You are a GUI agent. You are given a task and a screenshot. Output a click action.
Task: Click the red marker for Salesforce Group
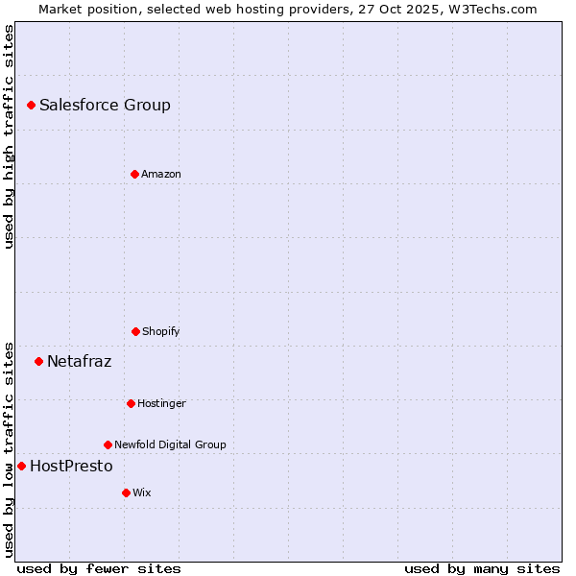[31, 105]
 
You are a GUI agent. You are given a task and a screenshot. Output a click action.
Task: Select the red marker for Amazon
[134, 174]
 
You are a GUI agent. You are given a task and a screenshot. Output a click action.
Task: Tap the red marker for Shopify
[135, 331]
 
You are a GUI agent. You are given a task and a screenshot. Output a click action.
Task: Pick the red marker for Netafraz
[38, 361]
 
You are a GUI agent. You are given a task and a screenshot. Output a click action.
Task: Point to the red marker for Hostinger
[131, 403]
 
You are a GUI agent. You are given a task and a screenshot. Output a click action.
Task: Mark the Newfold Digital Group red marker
[108, 444]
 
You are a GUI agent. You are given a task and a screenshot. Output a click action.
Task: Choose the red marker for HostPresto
[21, 466]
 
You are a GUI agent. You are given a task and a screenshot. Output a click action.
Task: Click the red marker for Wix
[126, 492]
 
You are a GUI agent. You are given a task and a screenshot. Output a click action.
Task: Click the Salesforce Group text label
[105, 106]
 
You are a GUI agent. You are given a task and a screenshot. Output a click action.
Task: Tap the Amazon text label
[161, 174]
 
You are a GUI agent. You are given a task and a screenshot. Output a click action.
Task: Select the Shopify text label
[161, 331]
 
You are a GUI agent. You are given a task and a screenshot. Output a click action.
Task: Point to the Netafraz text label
[79, 362]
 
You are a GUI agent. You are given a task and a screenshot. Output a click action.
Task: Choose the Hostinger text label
[161, 403]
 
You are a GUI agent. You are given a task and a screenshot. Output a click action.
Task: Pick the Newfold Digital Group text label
[170, 444]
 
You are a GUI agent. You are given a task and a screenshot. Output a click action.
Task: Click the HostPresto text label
[71, 467]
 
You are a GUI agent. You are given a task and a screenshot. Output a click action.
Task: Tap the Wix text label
[142, 492]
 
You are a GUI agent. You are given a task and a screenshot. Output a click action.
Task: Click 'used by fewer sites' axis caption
[99, 569]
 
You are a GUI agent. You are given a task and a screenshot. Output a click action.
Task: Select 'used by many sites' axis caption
[482, 569]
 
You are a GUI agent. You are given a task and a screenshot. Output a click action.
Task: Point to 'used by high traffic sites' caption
[9, 136]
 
